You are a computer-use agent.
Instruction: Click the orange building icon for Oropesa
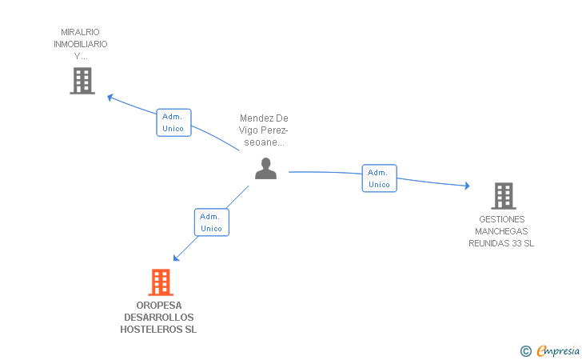pyautogui.click(x=161, y=282)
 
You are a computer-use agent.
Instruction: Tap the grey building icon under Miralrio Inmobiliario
pyautogui.click(x=82, y=81)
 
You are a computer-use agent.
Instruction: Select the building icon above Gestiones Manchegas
pyautogui.click(x=503, y=195)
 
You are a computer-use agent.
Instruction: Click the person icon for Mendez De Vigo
pyautogui.click(x=265, y=168)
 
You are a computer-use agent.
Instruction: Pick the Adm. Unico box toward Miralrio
pyautogui.click(x=173, y=122)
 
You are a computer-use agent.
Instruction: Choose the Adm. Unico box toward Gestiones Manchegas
pyautogui.click(x=379, y=178)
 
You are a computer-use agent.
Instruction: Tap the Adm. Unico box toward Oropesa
pyautogui.click(x=212, y=222)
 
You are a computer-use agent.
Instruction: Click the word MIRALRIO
pyautogui.click(x=81, y=33)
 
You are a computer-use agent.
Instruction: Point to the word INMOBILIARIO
pyautogui.click(x=81, y=45)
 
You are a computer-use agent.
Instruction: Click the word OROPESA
pyautogui.click(x=158, y=306)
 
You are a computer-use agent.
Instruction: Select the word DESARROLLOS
pyautogui.click(x=158, y=318)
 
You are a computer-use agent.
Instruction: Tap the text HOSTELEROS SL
pyautogui.click(x=158, y=330)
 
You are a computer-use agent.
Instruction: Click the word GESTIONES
pyautogui.click(x=502, y=219)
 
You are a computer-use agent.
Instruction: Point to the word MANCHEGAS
pyautogui.click(x=502, y=231)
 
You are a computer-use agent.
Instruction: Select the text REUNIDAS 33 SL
pyautogui.click(x=502, y=243)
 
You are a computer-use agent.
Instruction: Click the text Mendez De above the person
pyautogui.click(x=264, y=118)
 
